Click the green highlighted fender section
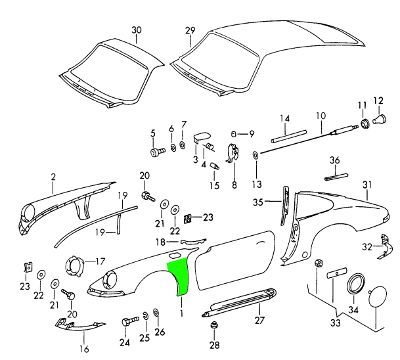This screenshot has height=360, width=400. click(x=179, y=276)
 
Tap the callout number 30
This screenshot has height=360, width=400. click(x=136, y=31)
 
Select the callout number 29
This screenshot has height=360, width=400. click(x=190, y=31)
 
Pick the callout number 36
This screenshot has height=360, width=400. click(x=334, y=160)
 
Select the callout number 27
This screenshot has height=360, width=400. click(x=259, y=320)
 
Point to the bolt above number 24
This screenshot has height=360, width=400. click(x=127, y=323)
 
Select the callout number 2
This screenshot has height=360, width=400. click(x=54, y=176)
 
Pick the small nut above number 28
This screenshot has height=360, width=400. click(x=213, y=326)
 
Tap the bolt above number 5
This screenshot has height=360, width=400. click(x=156, y=152)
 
